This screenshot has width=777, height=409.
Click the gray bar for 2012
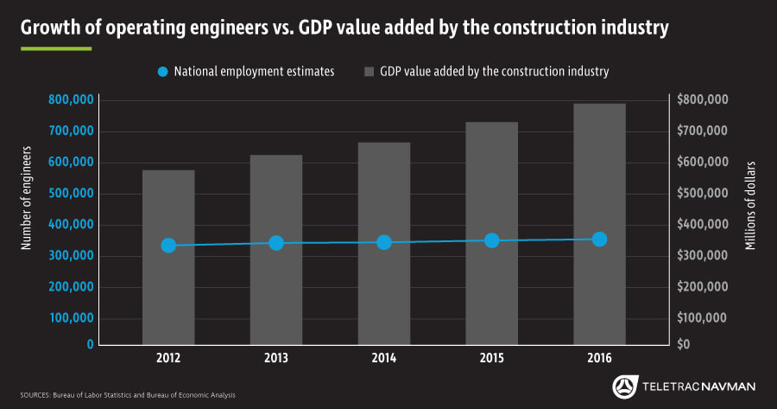[168, 294]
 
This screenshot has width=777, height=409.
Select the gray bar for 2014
[384, 294]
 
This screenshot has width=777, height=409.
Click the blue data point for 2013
[276, 243]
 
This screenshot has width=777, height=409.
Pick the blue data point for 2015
[491, 240]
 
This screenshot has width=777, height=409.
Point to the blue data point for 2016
[599, 239]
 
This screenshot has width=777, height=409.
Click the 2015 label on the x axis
[491, 358]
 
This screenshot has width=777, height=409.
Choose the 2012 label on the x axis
[168, 358]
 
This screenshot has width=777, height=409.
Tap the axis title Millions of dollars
[749, 206]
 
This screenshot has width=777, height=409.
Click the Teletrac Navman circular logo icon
[624, 386]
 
